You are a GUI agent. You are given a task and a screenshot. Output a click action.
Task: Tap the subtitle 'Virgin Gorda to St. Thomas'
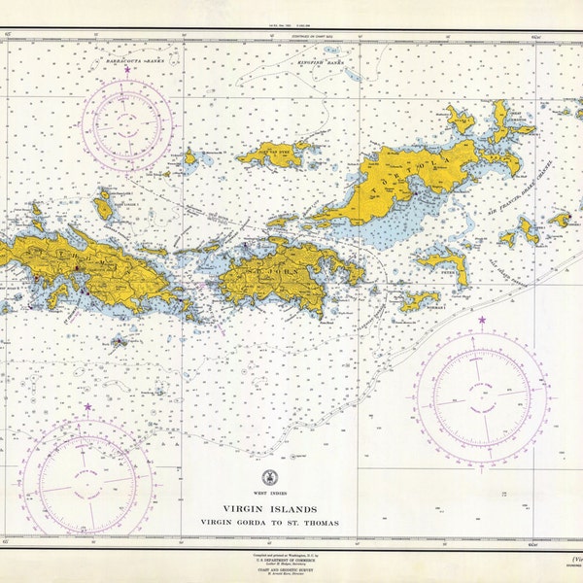(268, 522)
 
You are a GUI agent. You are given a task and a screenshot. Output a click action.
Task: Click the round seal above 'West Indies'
(268, 477)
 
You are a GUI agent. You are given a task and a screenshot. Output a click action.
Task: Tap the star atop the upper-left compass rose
(126, 71)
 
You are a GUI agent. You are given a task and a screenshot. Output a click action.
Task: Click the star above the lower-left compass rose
(87, 407)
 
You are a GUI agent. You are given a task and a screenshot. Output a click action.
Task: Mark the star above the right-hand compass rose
(481, 319)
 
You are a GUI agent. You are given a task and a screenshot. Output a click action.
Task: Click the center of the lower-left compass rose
(87, 479)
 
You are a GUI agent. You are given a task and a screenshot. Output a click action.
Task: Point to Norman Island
(418, 300)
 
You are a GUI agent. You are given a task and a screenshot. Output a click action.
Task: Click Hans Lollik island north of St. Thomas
(103, 204)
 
